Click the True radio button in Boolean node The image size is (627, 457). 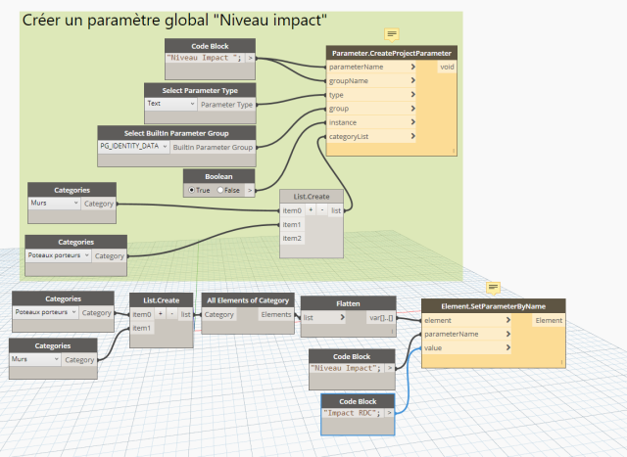[x=192, y=190]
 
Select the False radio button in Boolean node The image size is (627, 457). [x=219, y=190]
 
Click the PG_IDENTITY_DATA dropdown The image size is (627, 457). [x=133, y=146]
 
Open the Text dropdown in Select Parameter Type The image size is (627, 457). [x=170, y=104]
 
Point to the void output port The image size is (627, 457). [x=447, y=67]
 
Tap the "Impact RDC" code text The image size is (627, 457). [x=352, y=413]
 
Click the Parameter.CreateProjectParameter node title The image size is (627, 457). [x=392, y=53]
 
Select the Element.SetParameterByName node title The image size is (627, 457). [x=493, y=306]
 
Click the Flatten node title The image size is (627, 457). [x=348, y=303]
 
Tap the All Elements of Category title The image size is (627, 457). [x=248, y=300]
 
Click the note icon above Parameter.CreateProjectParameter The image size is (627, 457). [x=392, y=35]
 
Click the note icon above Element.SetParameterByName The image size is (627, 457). [x=493, y=288]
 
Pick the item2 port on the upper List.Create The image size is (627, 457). [x=292, y=239]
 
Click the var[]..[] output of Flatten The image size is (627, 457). [x=381, y=318]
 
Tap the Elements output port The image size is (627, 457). [x=276, y=315]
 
